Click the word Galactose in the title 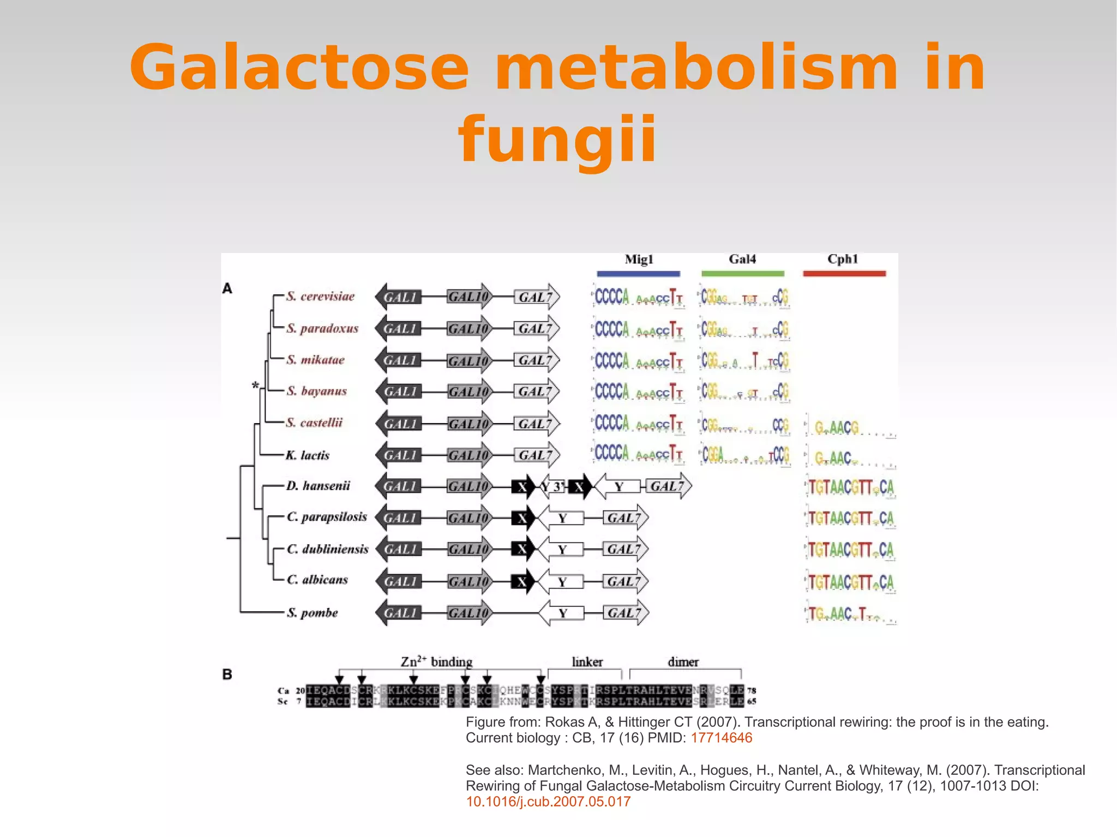point(299,68)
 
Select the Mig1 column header point(639,260)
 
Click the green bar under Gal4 point(742,274)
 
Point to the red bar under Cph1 point(844,274)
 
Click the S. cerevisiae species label point(320,297)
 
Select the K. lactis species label point(308,455)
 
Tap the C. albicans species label point(317,580)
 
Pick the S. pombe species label point(313,613)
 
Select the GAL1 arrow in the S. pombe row point(399,613)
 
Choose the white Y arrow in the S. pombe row point(562,613)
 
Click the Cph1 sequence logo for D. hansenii point(850,487)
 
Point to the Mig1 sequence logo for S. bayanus point(638,392)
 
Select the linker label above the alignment point(587,662)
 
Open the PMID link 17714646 point(721,738)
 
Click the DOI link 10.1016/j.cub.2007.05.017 point(548,802)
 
